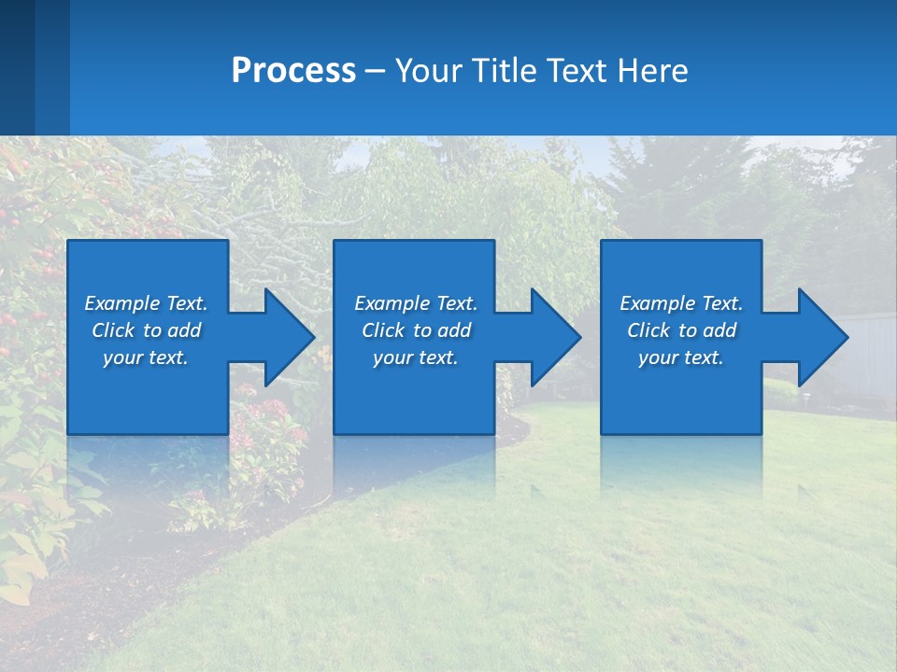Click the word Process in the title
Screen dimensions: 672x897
point(293,71)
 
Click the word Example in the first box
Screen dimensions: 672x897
point(121,303)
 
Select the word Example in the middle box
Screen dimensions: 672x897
point(392,303)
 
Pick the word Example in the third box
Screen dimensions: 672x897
point(657,303)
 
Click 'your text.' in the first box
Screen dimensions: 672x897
point(146,357)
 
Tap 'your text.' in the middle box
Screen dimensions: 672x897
point(415,357)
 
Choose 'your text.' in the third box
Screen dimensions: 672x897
point(680,357)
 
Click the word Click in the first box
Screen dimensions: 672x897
point(113,330)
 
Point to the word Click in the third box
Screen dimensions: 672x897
point(648,330)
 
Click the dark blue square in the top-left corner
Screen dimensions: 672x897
point(17,65)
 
